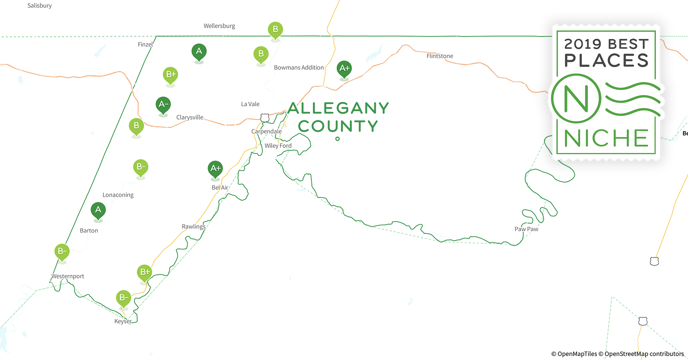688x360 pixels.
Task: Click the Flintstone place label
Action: click(439, 56)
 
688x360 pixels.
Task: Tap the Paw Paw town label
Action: click(526, 229)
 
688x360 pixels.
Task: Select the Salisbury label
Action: click(39, 5)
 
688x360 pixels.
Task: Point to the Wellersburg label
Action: click(219, 26)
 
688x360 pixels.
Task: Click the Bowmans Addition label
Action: click(299, 67)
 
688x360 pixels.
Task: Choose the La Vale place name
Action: click(250, 104)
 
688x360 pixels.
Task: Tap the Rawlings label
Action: click(193, 226)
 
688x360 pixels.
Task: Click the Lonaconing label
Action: click(118, 195)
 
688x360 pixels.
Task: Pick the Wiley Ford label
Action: click(278, 145)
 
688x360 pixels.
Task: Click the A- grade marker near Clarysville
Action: click(163, 105)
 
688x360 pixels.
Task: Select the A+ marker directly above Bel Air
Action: click(215, 168)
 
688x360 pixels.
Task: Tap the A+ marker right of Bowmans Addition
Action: click(344, 68)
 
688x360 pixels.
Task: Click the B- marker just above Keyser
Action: click(124, 298)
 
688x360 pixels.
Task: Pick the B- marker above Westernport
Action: click(62, 251)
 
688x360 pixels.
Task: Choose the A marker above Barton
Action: click(98, 210)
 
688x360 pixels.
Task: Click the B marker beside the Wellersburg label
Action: click(275, 30)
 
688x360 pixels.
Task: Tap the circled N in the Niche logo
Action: click(576, 98)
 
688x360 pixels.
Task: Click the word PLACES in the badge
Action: click(606, 60)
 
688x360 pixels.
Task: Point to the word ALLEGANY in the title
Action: click(338, 108)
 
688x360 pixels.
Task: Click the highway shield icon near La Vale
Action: click(265, 117)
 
